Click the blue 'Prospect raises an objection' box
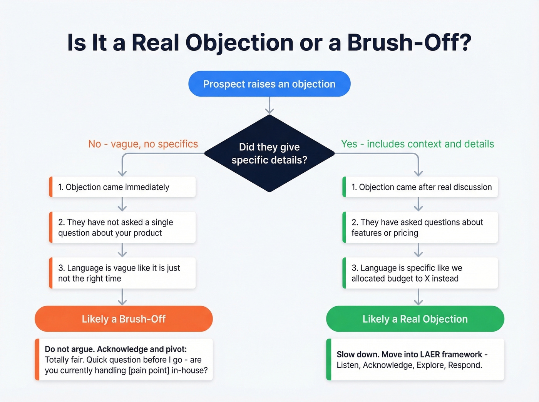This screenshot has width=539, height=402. pyautogui.click(x=269, y=84)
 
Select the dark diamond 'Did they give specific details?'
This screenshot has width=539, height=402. pyautogui.click(x=269, y=153)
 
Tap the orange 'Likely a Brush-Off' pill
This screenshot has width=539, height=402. pyautogui.click(x=124, y=319)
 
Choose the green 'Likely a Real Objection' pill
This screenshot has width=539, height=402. pyautogui.click(x=415, y=319)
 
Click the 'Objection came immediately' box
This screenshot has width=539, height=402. pyautogui.click(x=122, y=187)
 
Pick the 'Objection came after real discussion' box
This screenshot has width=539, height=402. pyautogui.click(x=420, y=187)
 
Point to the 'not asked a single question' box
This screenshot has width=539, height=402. pyautogui.click(x=122, y=227)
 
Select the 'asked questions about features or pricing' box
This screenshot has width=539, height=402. pyautogui.click(x=420, y=227)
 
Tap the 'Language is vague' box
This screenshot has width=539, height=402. pyautogui.click(x=122, y=273)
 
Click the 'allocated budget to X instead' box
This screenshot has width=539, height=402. pyautogui.click(x=420, y=273)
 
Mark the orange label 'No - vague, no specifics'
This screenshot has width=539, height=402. pyautogui.click(x=143, y=144)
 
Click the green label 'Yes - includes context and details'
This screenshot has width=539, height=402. pyautogui.click(x=417, y=144)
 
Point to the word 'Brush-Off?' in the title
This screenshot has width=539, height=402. pyautogui.click(x=409, y=42)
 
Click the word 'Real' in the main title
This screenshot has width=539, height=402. pyautogui.click(x=155, y=42)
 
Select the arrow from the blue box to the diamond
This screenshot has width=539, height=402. pyautogui.click(x=269, y=105)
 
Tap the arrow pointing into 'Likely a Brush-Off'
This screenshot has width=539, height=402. pyautogui.click(x=122, y=297)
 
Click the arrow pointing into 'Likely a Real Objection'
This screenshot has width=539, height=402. pyautogui.click(x=418, y=297)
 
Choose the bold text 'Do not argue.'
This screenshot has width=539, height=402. pyautogui.click(x=70, y=349)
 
